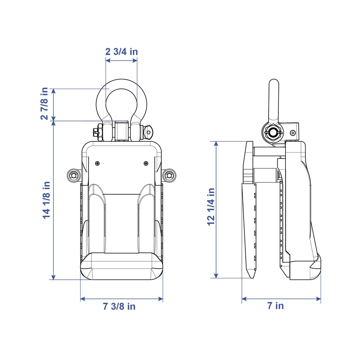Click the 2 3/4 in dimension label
pyautogui.click(x=121, y=51)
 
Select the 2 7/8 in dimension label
pyautogui.click(x=44, y=104)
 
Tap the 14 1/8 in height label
pyautogui.click(x=46, y=200)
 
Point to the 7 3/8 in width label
pyautogui.click(x=119, y=306)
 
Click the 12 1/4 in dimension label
pyautogui.click(x=211, y=207)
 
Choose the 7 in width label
pyautogui.click(x=276, y=306)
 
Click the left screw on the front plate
pyautogui.click(x=97, y=163)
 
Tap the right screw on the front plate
pyautogui.click(x=146, y=163)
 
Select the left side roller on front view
pyautogui.click(x=73, y=176)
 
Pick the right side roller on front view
pyautogui.click(x=169, y=176)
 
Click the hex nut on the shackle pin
pyautogui.click(x=100, y=132)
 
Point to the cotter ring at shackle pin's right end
pyautogui.click(x=148, y=132)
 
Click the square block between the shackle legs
pyautogui.click(x=121, y=131)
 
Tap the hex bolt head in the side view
pyautogui.click(x=273, y=133)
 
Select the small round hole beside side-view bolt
pyautogui.click(x=293, y=133)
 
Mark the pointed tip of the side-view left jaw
pyautogui.click(x=252, y=278)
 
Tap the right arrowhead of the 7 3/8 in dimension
pyautogui.click(x=161, y=299)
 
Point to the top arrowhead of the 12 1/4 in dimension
pyautogui.click(x=216, y=144)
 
